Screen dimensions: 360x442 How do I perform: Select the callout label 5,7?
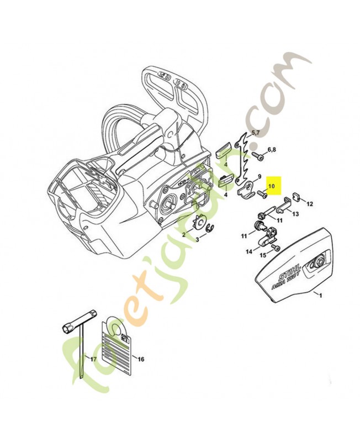coord(256,133)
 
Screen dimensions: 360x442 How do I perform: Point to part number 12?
coord(309,204)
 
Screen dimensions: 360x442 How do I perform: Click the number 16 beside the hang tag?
coord(141,359)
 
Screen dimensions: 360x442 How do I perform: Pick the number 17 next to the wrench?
coord(93,360)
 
